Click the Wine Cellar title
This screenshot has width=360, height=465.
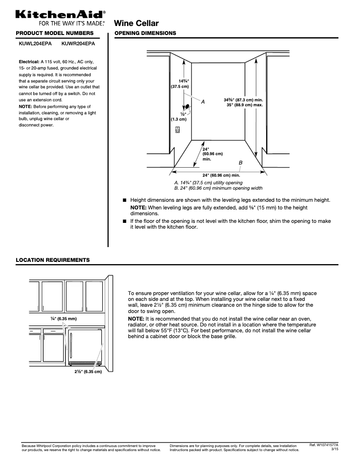point(137,23)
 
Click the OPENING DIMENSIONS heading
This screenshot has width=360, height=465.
point(145,34)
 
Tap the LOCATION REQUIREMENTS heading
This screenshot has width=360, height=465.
point(53,260)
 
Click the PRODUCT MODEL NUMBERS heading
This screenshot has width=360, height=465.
point(55,34)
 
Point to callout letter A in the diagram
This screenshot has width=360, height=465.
point(203,102)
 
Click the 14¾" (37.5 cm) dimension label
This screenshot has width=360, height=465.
point(180,83)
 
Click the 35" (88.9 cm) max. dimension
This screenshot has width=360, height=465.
point(244,105)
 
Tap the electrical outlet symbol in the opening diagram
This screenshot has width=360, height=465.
point(178,130)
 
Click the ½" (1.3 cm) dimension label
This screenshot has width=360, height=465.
point(179,117)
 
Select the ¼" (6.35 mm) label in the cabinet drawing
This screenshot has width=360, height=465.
point(64,318)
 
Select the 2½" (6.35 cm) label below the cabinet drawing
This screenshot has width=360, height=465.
point(88,372)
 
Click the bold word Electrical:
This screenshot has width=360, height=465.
point(29,61)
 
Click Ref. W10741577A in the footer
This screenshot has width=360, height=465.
point(324,445)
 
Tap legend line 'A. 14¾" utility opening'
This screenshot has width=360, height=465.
point(208,183)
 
